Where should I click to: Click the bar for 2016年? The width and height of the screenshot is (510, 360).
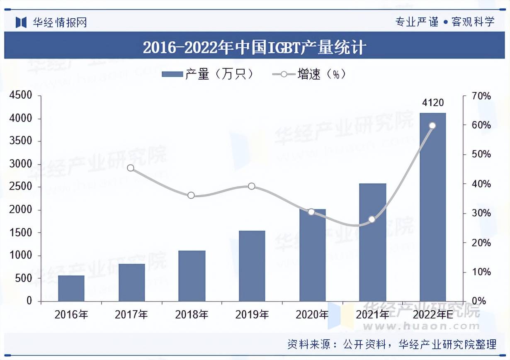[x=71, y=288]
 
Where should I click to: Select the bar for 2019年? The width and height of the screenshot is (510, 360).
[x=252, y=266]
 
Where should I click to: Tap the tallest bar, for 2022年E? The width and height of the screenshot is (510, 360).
[x=432, y=207]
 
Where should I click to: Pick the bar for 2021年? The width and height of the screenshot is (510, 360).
[x=372, y=242]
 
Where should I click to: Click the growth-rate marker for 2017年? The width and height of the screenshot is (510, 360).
[x=131, y=168]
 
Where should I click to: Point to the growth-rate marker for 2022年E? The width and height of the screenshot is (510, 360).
[x=432, y=126]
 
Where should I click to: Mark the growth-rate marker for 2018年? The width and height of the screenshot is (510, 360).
[x=191, y=195]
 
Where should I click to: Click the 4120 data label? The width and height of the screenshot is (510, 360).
[x=432, y=102]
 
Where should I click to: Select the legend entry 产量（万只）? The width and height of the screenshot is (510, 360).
[x=207, y=74]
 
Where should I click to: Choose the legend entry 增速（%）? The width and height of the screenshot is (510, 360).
[x=309, y=74]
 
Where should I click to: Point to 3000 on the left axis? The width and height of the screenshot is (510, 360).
[x=21, y=164]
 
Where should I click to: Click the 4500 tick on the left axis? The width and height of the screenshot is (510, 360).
[x=21, y=96]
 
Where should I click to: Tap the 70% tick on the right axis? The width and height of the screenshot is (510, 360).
[x=481, y=96]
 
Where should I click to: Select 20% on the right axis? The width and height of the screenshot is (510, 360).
[x=481, y=243]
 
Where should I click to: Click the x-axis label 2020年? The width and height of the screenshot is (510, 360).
[x=312, y=315]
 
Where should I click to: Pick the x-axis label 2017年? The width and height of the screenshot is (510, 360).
[x=131, y=315]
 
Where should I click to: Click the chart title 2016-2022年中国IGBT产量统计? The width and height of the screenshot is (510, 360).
[x=254, y=47]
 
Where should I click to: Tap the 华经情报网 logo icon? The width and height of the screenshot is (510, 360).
[x=21, y=22]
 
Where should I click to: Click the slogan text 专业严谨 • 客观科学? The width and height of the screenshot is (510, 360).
[x=445, y=22]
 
